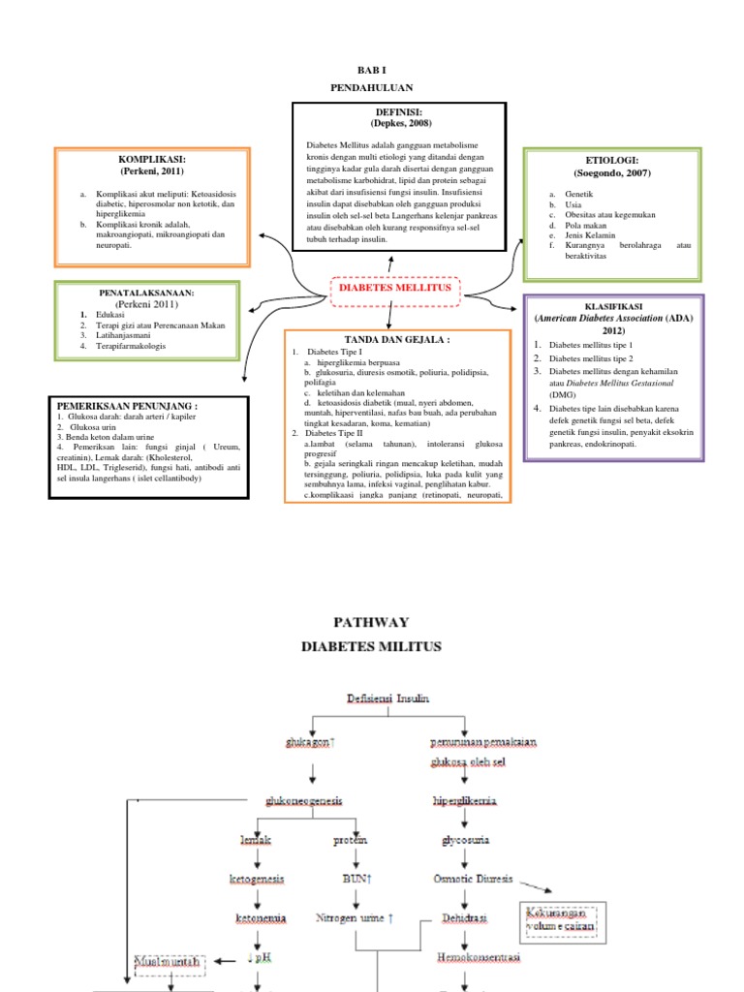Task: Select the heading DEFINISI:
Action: tap(400, 113)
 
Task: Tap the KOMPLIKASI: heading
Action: tap(151, 158)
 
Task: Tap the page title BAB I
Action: tap(371, 71)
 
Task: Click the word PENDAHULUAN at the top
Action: tap(371, 87)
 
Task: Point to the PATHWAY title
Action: tap(371, 622)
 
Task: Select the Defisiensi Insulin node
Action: tap(387, 698)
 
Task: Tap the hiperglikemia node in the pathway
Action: tap(466, 801)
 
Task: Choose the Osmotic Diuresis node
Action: tap(473, 879)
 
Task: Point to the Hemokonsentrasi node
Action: tap(467, 955)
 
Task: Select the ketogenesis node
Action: tap(257, 879)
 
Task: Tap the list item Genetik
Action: tap(566, 195)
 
